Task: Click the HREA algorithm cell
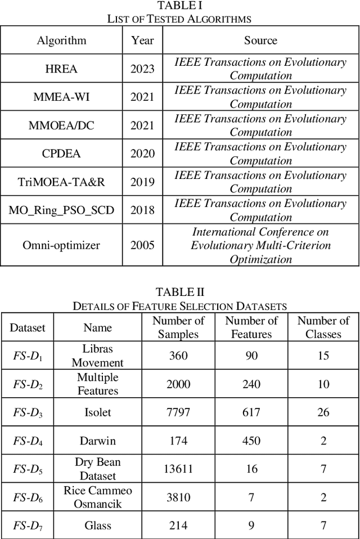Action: (x=61, y=69)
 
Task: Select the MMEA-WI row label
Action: (x=61, y=97)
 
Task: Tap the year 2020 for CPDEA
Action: (x=142, y=154)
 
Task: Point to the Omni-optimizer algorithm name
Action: (x=61, y=245)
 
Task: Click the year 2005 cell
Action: (x=142, y=245)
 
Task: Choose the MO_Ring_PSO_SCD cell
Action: (x=61, y=210)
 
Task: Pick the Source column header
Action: (x=260, y=41)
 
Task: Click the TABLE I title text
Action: (x=179, y=6)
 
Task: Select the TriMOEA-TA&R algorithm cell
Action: (x=61, y=182)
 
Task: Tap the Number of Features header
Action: (x=251, y=327)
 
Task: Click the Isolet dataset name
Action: (x=98, y=412)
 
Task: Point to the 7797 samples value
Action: (x=178, y=412)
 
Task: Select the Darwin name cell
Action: (x=98, y=441)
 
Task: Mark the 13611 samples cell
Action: (x=178, y=469)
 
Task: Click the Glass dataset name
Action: (x=98, y=525)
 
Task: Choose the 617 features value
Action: (x=251, y=412)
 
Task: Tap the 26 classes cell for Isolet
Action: (x=323, y=412)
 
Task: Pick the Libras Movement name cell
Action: (x=98, y=356)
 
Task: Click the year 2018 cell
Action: (x=142, y=210)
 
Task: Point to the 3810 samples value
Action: (x=178, y=497)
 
